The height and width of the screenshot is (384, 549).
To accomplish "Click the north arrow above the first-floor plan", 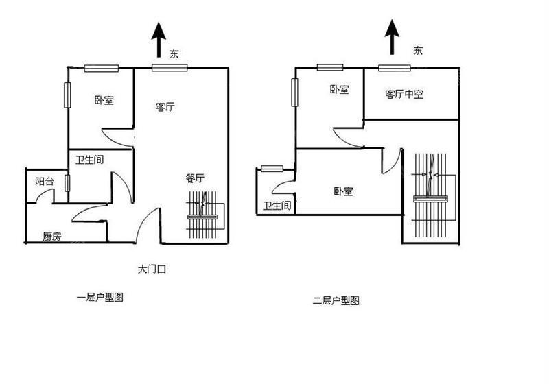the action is click(159, 40).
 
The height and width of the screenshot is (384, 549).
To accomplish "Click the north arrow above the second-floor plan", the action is click(392, 37).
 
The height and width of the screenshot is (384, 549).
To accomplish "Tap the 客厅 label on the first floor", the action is click(165, 106).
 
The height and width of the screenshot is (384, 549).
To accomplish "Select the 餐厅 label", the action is click(195, 178).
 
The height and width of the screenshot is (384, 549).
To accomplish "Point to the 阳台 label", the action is click(45, 181).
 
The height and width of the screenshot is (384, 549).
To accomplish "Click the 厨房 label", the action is click(52, 237).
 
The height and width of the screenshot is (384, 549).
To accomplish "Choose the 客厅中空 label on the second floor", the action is click(404, 94).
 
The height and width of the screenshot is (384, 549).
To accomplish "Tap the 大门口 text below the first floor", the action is click(152, 269).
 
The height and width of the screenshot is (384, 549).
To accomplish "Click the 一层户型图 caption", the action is click(100, 298).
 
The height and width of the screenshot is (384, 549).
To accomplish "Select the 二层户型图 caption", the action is click(336, 300).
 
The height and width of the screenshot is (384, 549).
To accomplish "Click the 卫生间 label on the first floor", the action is click(90, 160).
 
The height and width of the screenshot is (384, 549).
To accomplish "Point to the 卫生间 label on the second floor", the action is click(277, 205).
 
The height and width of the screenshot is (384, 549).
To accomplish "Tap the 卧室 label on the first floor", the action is click(104, 100).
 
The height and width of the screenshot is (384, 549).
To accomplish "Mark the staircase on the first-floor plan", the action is click(206, 215).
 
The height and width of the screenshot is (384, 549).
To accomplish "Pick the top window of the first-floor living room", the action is click(170, 67).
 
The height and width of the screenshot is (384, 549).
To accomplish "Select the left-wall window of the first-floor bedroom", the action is click(67, 95).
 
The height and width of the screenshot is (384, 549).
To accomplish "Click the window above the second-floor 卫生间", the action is click(272, 169).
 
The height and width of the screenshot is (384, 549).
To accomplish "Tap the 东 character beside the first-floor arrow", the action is click(174, 54).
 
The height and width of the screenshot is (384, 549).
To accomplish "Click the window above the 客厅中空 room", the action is click(395, 68).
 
